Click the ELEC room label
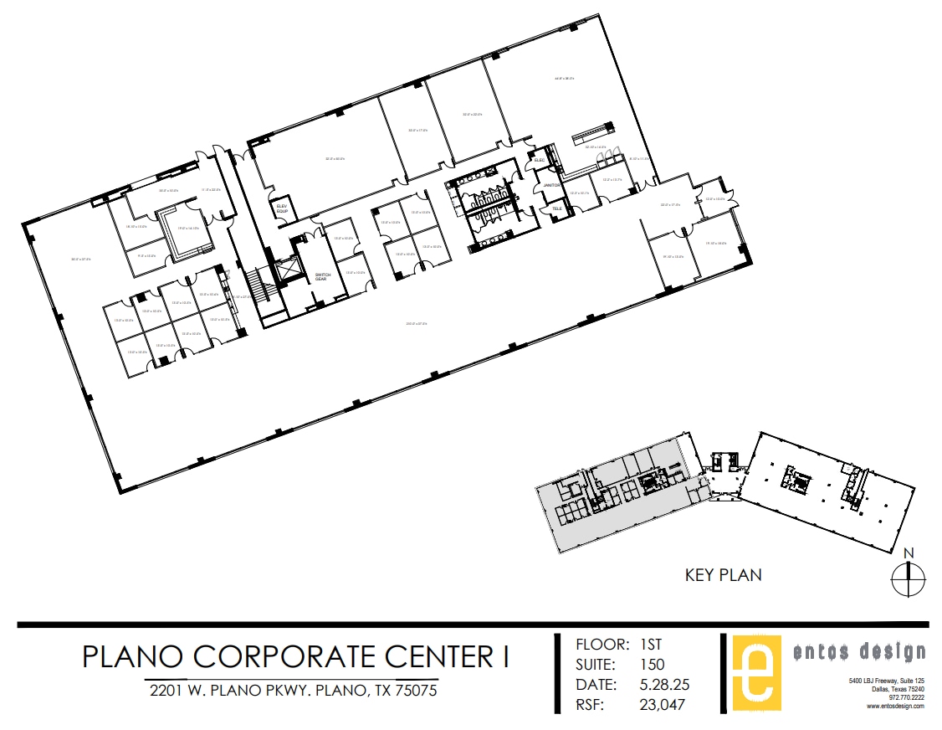[x=540, y=160]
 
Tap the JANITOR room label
[x=550, y=185]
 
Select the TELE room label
[x=556, y=208]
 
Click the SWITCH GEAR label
[x=323, y=276]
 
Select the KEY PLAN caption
[x=723, y=575]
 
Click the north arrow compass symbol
[x=907, y=578]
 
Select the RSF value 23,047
[x=661, y=705]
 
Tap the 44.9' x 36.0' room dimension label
[x=564, y=79]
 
